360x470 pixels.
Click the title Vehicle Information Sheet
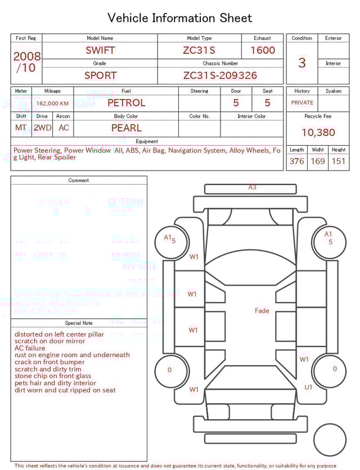180,18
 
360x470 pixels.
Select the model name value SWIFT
100,50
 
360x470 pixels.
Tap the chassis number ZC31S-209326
220,75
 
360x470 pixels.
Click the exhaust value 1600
263,50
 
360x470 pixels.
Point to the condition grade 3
302,62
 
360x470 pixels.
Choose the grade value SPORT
100,75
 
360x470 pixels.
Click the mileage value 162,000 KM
52,104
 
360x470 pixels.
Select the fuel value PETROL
126,103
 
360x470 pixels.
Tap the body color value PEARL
126,128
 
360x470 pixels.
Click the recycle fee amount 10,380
318,133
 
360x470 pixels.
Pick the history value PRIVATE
302,103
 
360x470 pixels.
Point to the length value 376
296,162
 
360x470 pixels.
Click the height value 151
338,162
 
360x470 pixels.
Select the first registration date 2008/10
26,62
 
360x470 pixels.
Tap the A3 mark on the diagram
253,187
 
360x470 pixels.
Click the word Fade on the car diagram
262,311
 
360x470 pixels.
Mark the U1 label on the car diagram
308,387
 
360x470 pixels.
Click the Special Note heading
79,323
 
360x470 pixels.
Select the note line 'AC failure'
30,348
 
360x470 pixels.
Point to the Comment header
79,181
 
